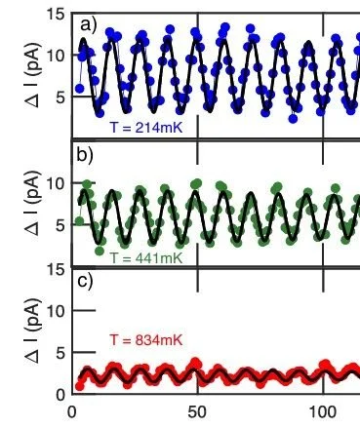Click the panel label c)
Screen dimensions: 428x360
(x=86, y=284)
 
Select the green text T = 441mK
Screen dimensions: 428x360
(x=145, y=257)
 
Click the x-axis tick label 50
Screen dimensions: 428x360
(x=197, y=412)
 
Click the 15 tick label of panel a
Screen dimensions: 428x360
(x=55, y=15)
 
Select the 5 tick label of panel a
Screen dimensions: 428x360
(x=59, y=97)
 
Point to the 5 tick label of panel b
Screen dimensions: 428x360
(x=59, y=224)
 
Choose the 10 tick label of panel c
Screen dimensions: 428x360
(x=55, y=311)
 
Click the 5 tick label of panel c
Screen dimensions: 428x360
(x=59, y=353)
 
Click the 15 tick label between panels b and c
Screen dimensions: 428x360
(x=55, y=268)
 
